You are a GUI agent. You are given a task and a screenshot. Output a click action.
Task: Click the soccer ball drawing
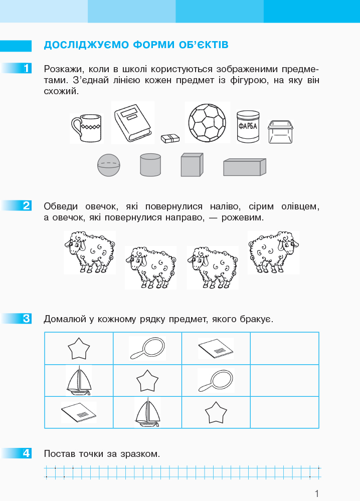207,123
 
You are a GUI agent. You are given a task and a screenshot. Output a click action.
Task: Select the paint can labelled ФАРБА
248,126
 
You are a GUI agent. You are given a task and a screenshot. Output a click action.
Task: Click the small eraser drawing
170,138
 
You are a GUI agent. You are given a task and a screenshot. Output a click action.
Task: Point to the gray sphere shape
109,165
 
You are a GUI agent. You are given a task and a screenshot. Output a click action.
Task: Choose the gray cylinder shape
150,164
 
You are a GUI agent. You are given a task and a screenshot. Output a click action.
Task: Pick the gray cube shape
192,164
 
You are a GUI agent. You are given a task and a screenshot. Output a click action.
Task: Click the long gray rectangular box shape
245,167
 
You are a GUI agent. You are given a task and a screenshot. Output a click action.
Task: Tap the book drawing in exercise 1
133,123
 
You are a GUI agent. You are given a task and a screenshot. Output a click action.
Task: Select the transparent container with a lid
280,132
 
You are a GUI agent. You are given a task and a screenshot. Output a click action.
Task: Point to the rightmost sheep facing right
273,252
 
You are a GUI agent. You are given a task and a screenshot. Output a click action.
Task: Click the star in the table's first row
79,349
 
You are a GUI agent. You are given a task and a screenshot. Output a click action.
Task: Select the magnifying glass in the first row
147,349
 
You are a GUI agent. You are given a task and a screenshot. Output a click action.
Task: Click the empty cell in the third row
285,412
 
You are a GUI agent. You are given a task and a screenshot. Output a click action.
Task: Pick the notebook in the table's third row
79,412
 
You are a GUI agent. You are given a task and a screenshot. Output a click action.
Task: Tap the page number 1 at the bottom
317,492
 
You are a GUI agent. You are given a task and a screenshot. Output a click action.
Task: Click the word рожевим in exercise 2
243,217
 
